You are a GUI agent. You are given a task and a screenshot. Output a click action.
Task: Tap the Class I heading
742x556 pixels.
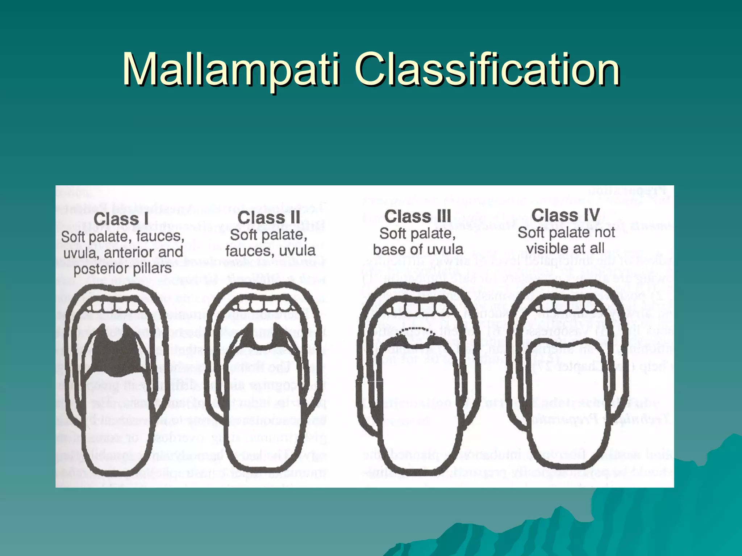coord(121,219)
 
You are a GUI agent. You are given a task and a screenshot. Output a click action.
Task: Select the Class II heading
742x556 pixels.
coord(269,218)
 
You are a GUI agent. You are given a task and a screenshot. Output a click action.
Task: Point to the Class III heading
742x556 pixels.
coord(418,217)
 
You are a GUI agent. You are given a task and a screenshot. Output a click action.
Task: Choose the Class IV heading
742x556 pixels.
coord(566,216)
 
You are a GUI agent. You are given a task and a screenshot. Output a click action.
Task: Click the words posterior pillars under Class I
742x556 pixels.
coord(122,269)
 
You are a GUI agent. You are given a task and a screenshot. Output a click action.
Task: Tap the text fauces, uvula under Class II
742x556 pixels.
coord(270,250)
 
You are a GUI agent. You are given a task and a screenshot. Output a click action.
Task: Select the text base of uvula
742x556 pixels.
coord(418,249)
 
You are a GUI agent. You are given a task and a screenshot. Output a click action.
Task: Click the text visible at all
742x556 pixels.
coord(565,248)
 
